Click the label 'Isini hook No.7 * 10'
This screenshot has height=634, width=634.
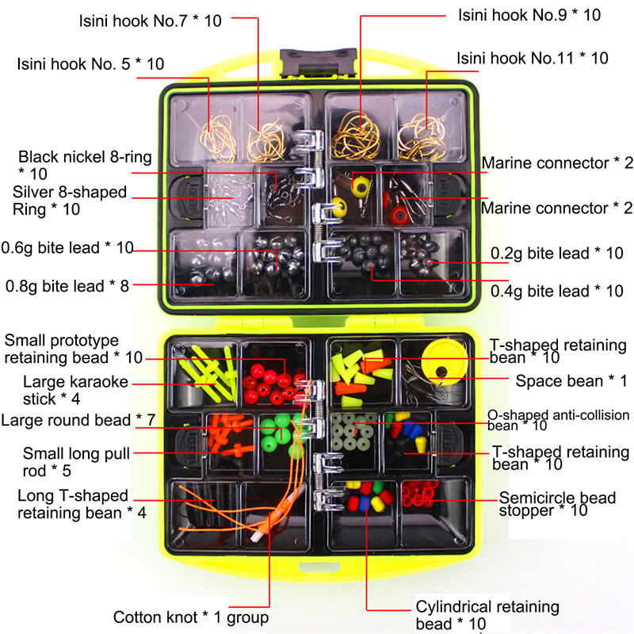click(x=150, y=21)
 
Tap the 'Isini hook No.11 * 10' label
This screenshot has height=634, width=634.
click(x=532, y=58)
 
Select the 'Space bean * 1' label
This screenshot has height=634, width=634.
click(x=571, y=381)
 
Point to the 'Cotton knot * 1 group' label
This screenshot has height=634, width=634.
click(x=191, y=617)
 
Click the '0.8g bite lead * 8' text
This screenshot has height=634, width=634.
click(x=67, y=286)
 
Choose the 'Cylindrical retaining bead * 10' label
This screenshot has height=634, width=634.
click(x=487, y=615)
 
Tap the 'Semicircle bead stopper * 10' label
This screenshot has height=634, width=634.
click(x=557, y=504)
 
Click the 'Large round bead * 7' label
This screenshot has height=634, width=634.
click(x=78, y=420)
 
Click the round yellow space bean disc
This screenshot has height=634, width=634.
click(x=444, y=362)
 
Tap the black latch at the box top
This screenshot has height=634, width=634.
click(x=319, y=63)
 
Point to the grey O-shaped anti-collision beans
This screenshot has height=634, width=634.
click(x=353, y=431)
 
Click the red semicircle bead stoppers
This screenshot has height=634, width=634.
click(x=420, y=494)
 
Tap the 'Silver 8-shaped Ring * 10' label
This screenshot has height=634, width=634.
click(x=70, y=201)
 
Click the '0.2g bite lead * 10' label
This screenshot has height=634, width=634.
click(x=557, y=254)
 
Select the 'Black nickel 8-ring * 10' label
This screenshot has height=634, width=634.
click(x=85, y=166)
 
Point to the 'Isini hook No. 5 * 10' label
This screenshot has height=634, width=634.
click(x=90, y=64)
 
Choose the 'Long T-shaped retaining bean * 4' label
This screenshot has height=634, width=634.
click(x=82, y=504)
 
